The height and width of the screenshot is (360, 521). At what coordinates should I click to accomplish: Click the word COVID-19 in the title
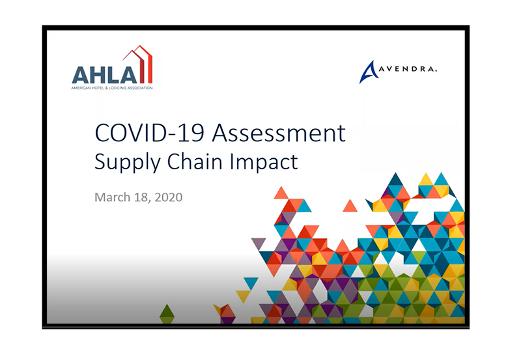click(150, 133)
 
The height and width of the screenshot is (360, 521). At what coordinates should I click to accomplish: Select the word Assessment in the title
click(279, 133)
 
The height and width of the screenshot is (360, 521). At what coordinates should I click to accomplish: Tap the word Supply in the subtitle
click(128, 163)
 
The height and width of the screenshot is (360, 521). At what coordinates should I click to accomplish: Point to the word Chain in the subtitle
click(195, 161)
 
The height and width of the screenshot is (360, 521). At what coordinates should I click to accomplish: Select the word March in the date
click(112, 197)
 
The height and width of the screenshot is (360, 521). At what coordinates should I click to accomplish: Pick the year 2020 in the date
click(169, 197)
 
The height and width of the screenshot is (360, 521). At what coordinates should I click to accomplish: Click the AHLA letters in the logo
click(104, 75)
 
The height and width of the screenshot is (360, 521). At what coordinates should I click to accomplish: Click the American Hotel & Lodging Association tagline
click(112, 88)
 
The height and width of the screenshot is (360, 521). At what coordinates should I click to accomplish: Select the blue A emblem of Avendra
click(369, 73)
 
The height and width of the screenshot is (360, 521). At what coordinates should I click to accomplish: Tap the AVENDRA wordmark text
click(408, 69)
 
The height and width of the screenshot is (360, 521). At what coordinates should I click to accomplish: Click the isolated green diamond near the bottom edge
click(167, 314)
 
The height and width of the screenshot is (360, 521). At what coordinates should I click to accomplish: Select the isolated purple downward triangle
click(259, 243)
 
